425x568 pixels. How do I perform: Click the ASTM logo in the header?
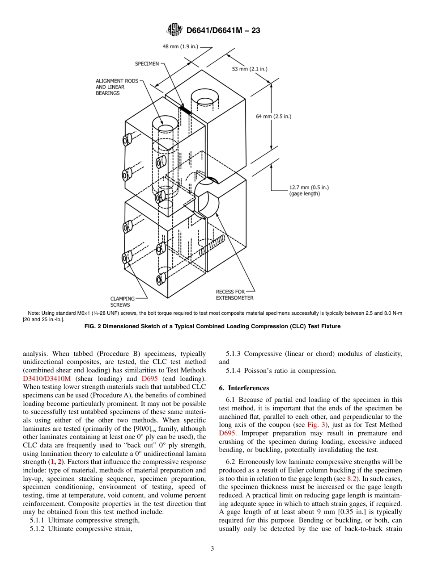pyautogui.click(x=174, y=30)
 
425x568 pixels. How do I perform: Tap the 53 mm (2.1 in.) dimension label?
pyautogui.click(x=250, y=69)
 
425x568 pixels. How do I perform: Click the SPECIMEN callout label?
pyautogui.click(x=147, y=64)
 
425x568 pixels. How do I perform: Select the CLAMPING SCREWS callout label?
pyautogui.click(x=122, y=301)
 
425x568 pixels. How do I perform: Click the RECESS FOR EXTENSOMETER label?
pyautogui.click(x=234, y=295)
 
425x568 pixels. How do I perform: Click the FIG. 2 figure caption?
pyautogui.click(x=212, y=326)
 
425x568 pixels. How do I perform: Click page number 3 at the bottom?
pyautogui.click(x=212, y=548)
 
